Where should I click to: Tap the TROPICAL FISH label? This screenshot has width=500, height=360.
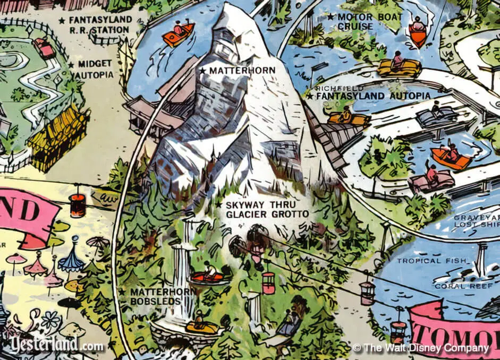[x=434, y=261]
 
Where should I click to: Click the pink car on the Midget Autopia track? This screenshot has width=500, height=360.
[x=45, y=48]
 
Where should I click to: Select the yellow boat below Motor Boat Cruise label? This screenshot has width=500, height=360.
[x=399, y=66]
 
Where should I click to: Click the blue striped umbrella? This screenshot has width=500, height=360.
[x=71, y=260]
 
